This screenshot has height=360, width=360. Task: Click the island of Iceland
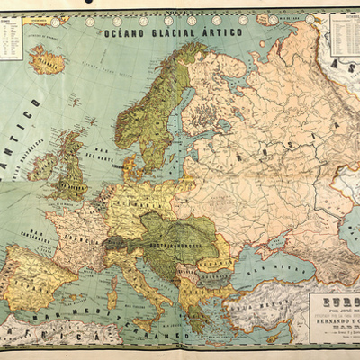pyautogui.click(x=46, y=60)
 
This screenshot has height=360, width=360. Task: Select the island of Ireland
pyautogui.click(x=41, y=167)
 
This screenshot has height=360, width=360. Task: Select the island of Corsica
pyautogui.click(x=114, y=269)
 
